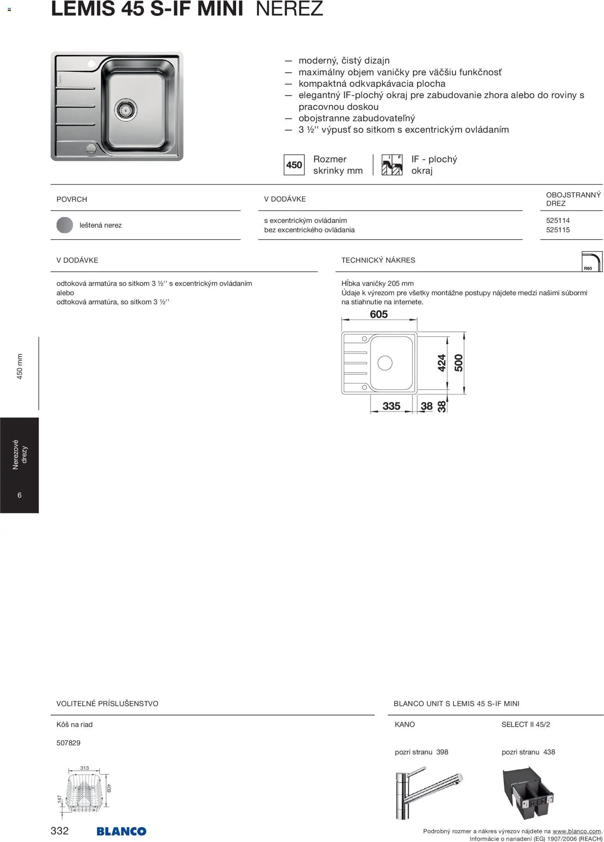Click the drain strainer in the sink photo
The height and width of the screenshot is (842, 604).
pos(125,109)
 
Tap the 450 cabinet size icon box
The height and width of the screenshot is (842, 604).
pos(294,165)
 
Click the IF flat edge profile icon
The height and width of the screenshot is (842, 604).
pos(392,165)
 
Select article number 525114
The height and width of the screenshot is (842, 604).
pos(558,221)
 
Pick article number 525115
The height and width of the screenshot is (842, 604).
pos(558,230)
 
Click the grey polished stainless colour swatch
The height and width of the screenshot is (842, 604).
pos(65,225)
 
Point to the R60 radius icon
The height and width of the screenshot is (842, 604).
pos(591,261)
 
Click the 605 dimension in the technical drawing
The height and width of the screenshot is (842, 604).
pos(379,314)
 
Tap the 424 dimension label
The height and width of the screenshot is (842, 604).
pos(442,363)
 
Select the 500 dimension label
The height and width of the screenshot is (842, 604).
pos(459,363)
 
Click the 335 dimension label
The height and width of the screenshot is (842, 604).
pos(391,406)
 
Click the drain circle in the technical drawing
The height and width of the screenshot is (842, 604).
pos(385,363)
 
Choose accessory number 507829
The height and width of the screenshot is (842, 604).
pos(69,743)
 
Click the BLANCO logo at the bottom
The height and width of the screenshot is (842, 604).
pos(121,831)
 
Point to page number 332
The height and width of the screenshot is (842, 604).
pos(60,831)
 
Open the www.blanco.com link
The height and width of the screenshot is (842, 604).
pos(576,831)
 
